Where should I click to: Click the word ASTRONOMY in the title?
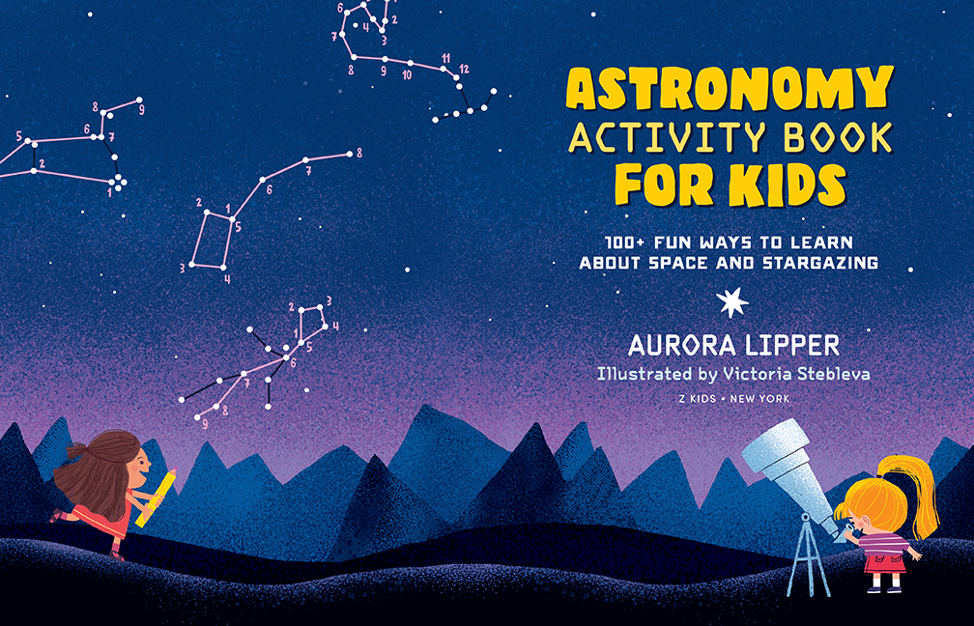tap(730, 88)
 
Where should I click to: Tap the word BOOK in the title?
tap(838, 137)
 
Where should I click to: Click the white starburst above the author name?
tap(732, 302)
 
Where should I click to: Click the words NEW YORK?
tap(759, 399)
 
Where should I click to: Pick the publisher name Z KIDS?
tap(698, 399)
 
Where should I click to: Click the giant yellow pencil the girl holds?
tap(157, 497)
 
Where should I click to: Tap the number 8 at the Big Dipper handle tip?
tap(359, 153)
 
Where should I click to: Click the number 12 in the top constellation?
tap(464, 69)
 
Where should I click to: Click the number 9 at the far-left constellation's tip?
tap(142, 110)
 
